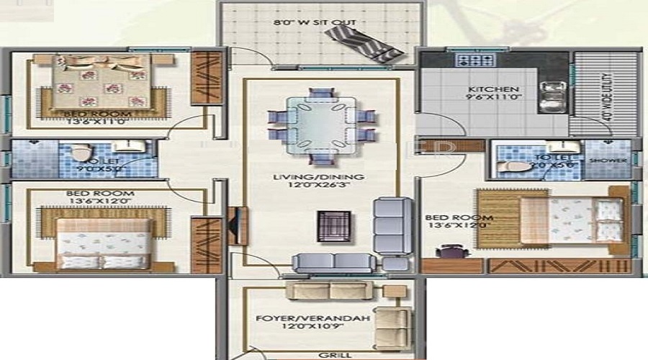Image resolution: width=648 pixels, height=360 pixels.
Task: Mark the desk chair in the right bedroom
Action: (x=450, y=251)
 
